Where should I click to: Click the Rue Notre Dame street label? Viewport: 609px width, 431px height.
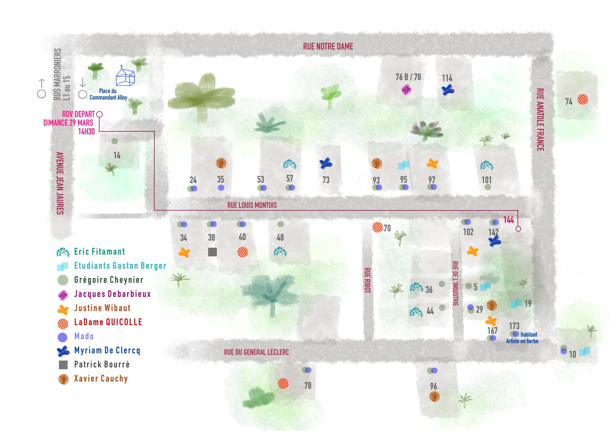coord(328,47)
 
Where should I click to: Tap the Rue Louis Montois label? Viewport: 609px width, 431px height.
coord(252,205)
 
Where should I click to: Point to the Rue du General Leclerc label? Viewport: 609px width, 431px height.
coord(256,352)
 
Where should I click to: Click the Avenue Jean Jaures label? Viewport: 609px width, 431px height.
coord(60,183)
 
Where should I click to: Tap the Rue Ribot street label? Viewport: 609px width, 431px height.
coord(367,280)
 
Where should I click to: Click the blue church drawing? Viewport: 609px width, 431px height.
coord(125,76)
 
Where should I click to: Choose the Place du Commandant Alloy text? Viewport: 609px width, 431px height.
coord(108,94)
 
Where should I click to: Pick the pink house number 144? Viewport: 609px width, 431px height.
coord(508,220)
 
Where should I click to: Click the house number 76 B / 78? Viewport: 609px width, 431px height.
coord(408,77)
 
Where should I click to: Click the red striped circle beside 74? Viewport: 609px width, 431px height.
coord(582,100)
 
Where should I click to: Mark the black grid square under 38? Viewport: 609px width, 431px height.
coord(212,252)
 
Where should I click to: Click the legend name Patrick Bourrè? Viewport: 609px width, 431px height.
coord(102,364)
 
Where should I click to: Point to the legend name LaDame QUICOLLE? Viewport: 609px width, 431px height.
coord(108,322)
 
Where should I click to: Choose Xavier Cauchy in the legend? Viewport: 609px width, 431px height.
coord(101,379)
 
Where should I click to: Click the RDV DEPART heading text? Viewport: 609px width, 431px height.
coord(78,114)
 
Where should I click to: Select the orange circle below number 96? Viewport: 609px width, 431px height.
coord(434,397)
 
